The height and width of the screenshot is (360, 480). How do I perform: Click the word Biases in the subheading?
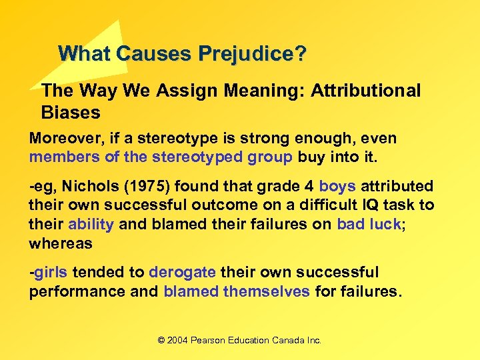tap(71, 112)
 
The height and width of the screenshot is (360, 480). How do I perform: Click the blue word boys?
tap(337, 187)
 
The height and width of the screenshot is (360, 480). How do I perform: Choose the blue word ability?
tap(91, 224)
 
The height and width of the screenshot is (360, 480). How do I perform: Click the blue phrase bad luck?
tap(368, 224)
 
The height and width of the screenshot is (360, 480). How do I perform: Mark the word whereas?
tap(61, 243)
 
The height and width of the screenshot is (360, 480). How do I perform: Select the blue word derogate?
tap(182, 273)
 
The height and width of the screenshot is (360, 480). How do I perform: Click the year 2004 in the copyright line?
tap(178, 340)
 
